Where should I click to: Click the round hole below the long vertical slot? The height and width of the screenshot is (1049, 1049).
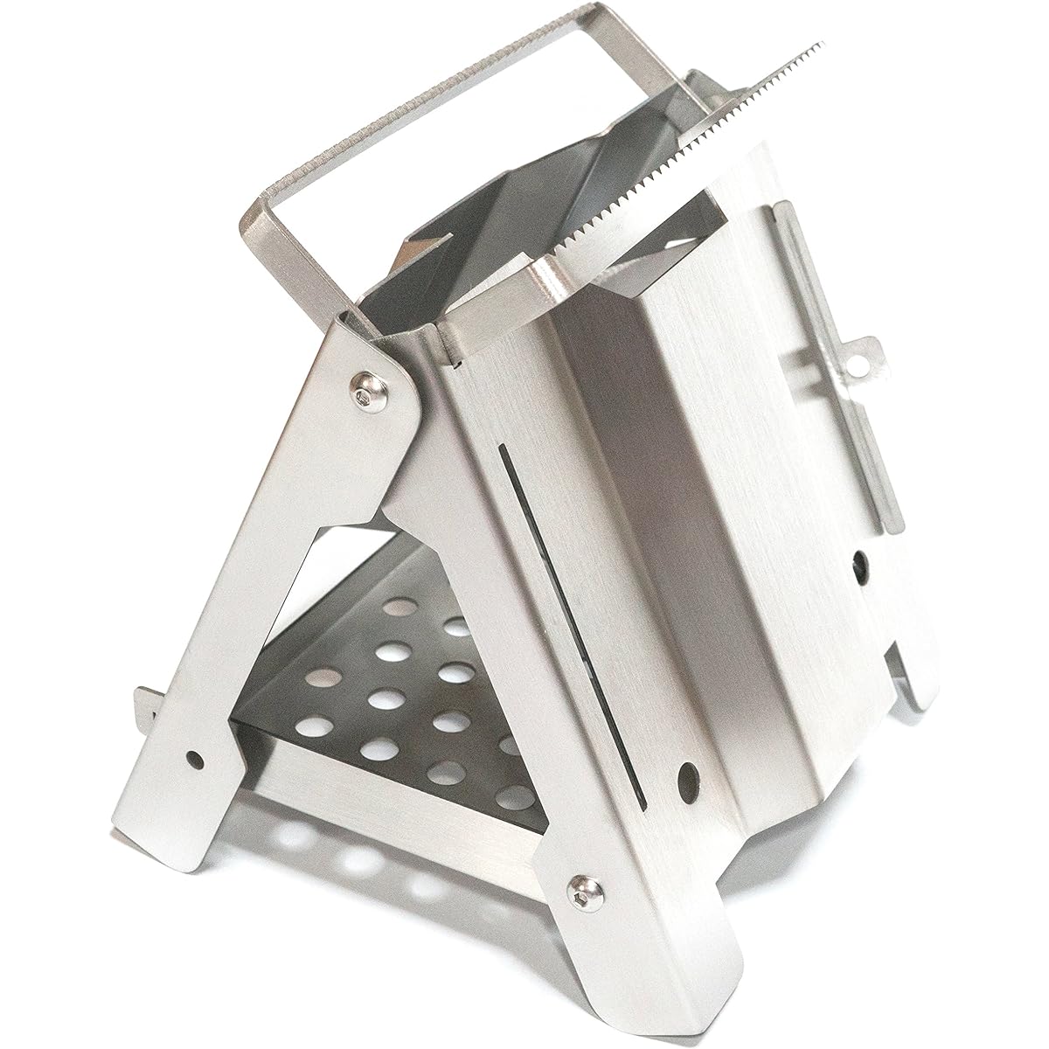[x=690, y=776]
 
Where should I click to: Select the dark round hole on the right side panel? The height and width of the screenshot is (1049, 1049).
[x=863, y=560]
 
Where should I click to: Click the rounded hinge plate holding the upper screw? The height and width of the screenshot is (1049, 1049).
[x=385, y=385]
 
